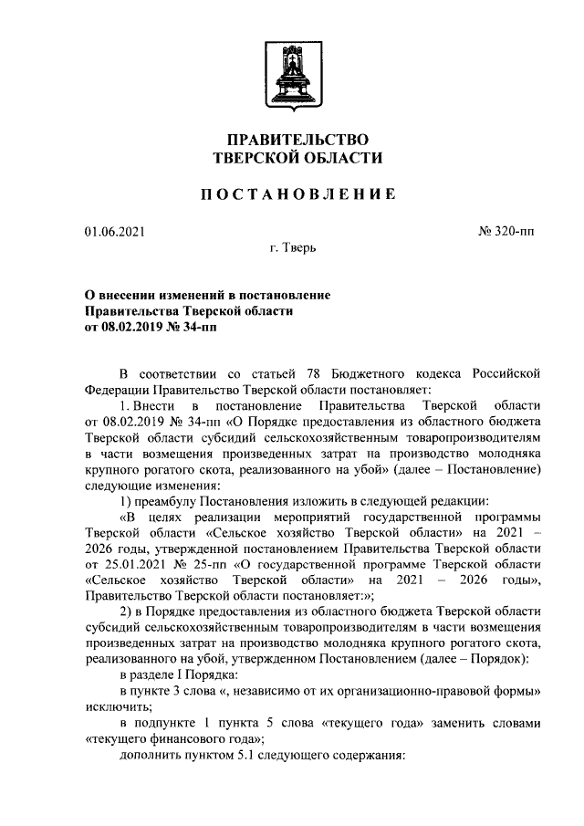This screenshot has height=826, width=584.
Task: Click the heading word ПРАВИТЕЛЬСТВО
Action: (291, 139)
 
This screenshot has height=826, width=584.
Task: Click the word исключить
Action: (114, 707)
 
